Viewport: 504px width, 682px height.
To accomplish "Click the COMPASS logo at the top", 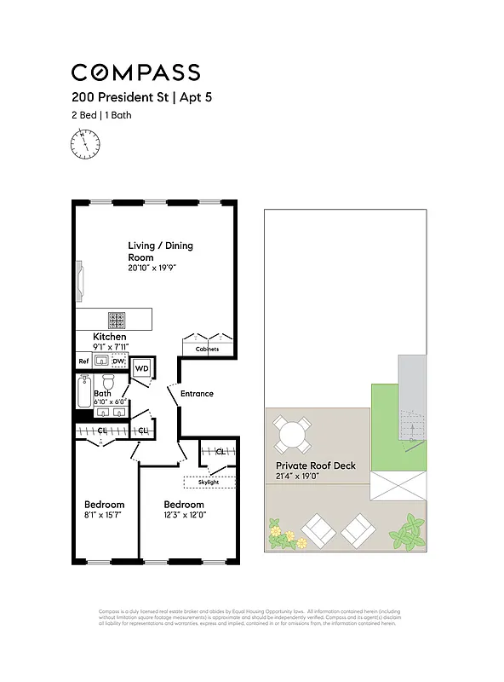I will pyautogui.click(x=135, y=72).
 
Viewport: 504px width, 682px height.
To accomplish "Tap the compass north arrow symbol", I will pyautogui.click(x=84, y=143).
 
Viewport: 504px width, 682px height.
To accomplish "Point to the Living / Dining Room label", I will pyautogui.click(x=160, y=251).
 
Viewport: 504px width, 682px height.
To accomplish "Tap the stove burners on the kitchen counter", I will pyautogui.click(x=117, y=320).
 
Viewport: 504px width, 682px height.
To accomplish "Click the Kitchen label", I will pyautogui.click(x=110, y=338).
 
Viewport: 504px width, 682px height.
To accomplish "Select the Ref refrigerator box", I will pyautogui.click(x=84, y=361).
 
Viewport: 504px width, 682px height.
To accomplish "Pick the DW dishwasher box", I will pyautogui.click(x=118, y=361).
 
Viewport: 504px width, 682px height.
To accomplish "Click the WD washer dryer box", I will pyautogui.click(x=142, y=368).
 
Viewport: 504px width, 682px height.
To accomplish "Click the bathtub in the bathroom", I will pyautogui.click(x=83, y=394).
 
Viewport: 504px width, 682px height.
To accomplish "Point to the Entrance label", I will pyautogui.click(x=197, y=394).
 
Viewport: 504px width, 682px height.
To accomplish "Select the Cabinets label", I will pyautogui.click(x=207, y=350).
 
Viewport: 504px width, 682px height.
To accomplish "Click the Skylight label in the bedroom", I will pyautogui.click(x=209, y=482).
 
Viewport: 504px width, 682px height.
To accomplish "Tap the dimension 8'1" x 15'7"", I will pyautogui.click(x=104, y=515).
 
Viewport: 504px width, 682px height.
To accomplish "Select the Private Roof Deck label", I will pyautogui.click(x=315, y=465).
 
